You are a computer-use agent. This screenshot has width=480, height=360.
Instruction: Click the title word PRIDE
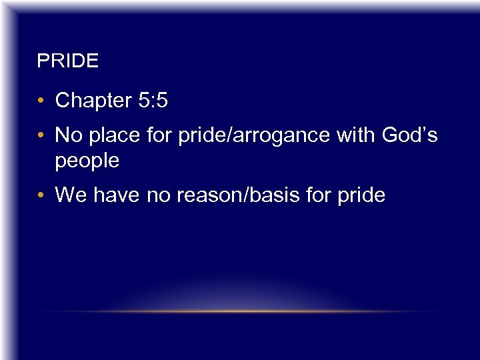(67, 62)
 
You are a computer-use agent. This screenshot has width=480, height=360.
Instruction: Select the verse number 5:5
(153, 101)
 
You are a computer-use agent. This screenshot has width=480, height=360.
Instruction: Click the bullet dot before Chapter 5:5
(41, 101)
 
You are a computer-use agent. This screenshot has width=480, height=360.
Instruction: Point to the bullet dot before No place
(41, 136)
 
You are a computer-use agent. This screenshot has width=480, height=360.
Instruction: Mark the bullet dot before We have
(41, 196)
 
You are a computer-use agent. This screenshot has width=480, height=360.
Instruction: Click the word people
(87, 161)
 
